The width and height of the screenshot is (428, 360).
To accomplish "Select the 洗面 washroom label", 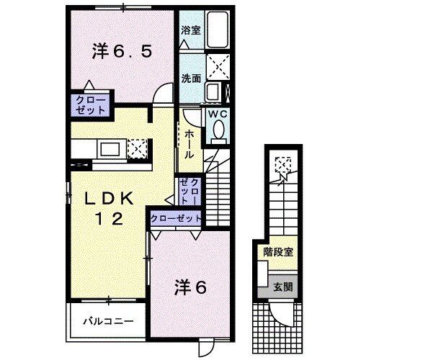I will (190, 78).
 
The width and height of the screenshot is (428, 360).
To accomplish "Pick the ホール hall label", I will (189, 144).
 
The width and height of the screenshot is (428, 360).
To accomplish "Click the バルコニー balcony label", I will (107, 322).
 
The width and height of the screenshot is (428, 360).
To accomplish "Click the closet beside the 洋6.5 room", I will (89, 105).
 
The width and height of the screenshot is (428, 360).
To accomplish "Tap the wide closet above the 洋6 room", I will (175, 217).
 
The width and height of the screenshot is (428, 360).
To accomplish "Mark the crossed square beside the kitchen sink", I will (138, 149).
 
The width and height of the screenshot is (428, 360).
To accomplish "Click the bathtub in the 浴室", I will (216, 31).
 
